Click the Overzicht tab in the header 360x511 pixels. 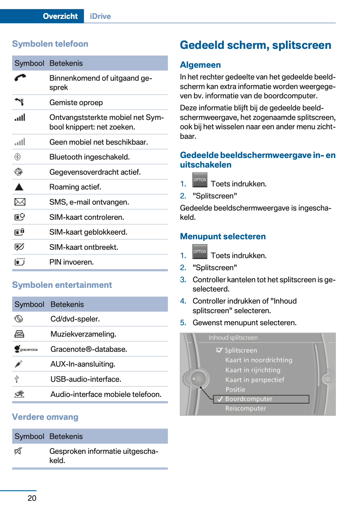tap(60, 16)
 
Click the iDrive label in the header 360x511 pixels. tap(100, 16)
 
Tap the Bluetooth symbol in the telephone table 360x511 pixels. tap(18, 157)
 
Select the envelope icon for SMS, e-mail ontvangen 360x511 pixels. tap(20, 202)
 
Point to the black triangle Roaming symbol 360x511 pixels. tap(19, 187)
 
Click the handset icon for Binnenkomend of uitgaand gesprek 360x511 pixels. tap(20, 78)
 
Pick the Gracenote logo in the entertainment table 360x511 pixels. tap(26, 349)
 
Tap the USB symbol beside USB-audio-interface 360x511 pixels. tap(17, 379)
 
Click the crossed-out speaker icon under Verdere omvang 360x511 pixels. tap(18, 451)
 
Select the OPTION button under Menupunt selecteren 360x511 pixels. tap(200, 251)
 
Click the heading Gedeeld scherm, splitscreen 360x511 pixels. tap(255, 45)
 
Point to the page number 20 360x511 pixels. tap(32, 498)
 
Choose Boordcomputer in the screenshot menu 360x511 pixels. tap(249, 399)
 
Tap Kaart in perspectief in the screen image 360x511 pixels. tap(255, 380)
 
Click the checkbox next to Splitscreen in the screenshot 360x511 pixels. tap(219, 350)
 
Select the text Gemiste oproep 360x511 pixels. tap(76, 102)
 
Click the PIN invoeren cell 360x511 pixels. tap(71, 262)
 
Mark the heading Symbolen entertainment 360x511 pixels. tap(62, 285)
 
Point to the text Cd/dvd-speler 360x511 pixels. tap(75, 319)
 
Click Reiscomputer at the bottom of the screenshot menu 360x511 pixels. tap(245, 408)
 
